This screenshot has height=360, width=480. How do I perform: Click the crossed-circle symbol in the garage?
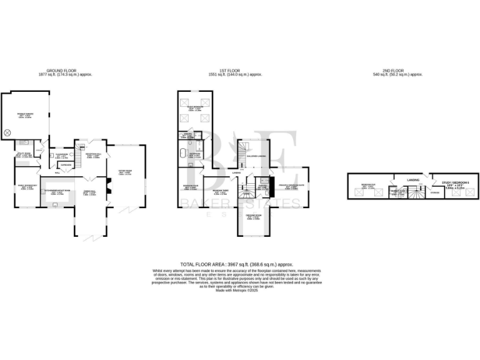pos(8,132)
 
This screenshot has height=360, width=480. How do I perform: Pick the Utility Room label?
pos(23,154)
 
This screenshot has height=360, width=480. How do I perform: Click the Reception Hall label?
pos(93,156)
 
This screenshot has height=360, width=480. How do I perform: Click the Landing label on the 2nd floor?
pos(413,179)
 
